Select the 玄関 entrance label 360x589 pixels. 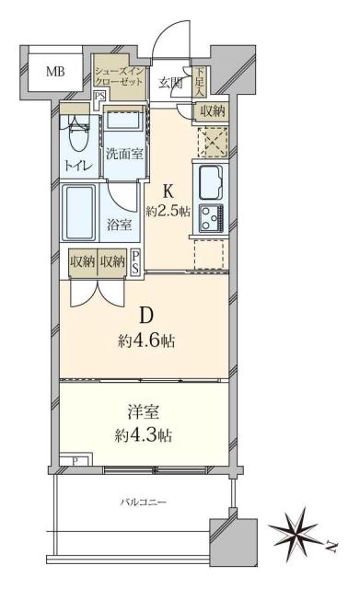[168, 83]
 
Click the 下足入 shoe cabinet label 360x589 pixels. [198, 78]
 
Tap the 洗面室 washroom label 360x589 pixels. [122, 154]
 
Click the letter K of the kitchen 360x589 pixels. [168, 191]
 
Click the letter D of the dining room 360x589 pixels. [146, 316]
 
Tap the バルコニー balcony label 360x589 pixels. [143, 503]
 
